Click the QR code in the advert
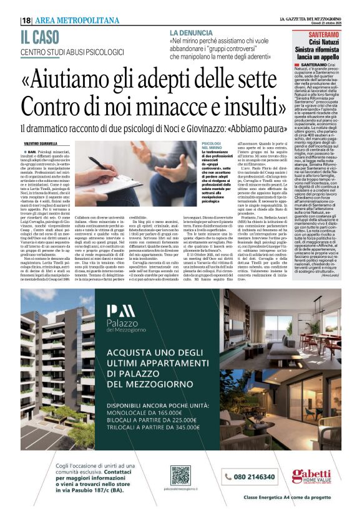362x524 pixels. coord(180,475)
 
